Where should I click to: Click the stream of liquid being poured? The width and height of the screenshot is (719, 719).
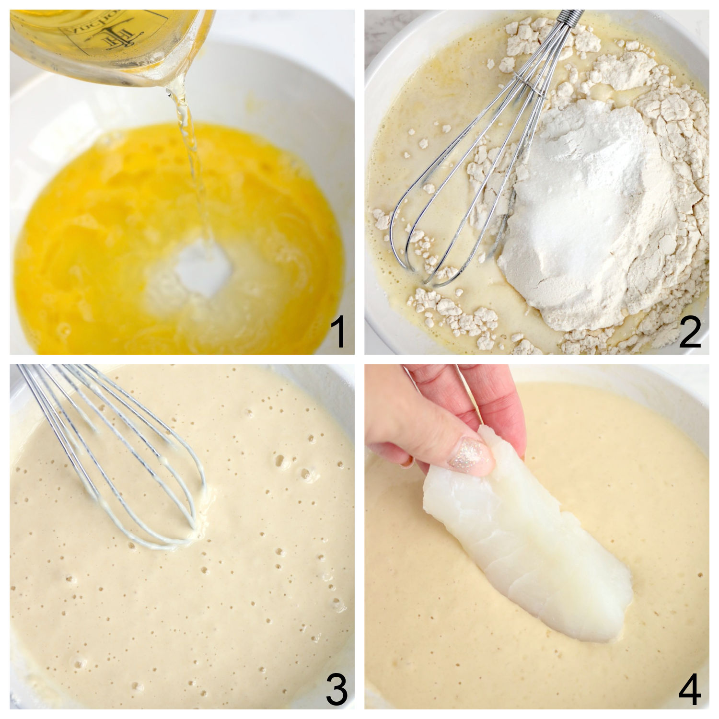(x=192, y=158)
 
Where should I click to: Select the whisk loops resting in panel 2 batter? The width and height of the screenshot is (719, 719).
(x=422, y=240)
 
